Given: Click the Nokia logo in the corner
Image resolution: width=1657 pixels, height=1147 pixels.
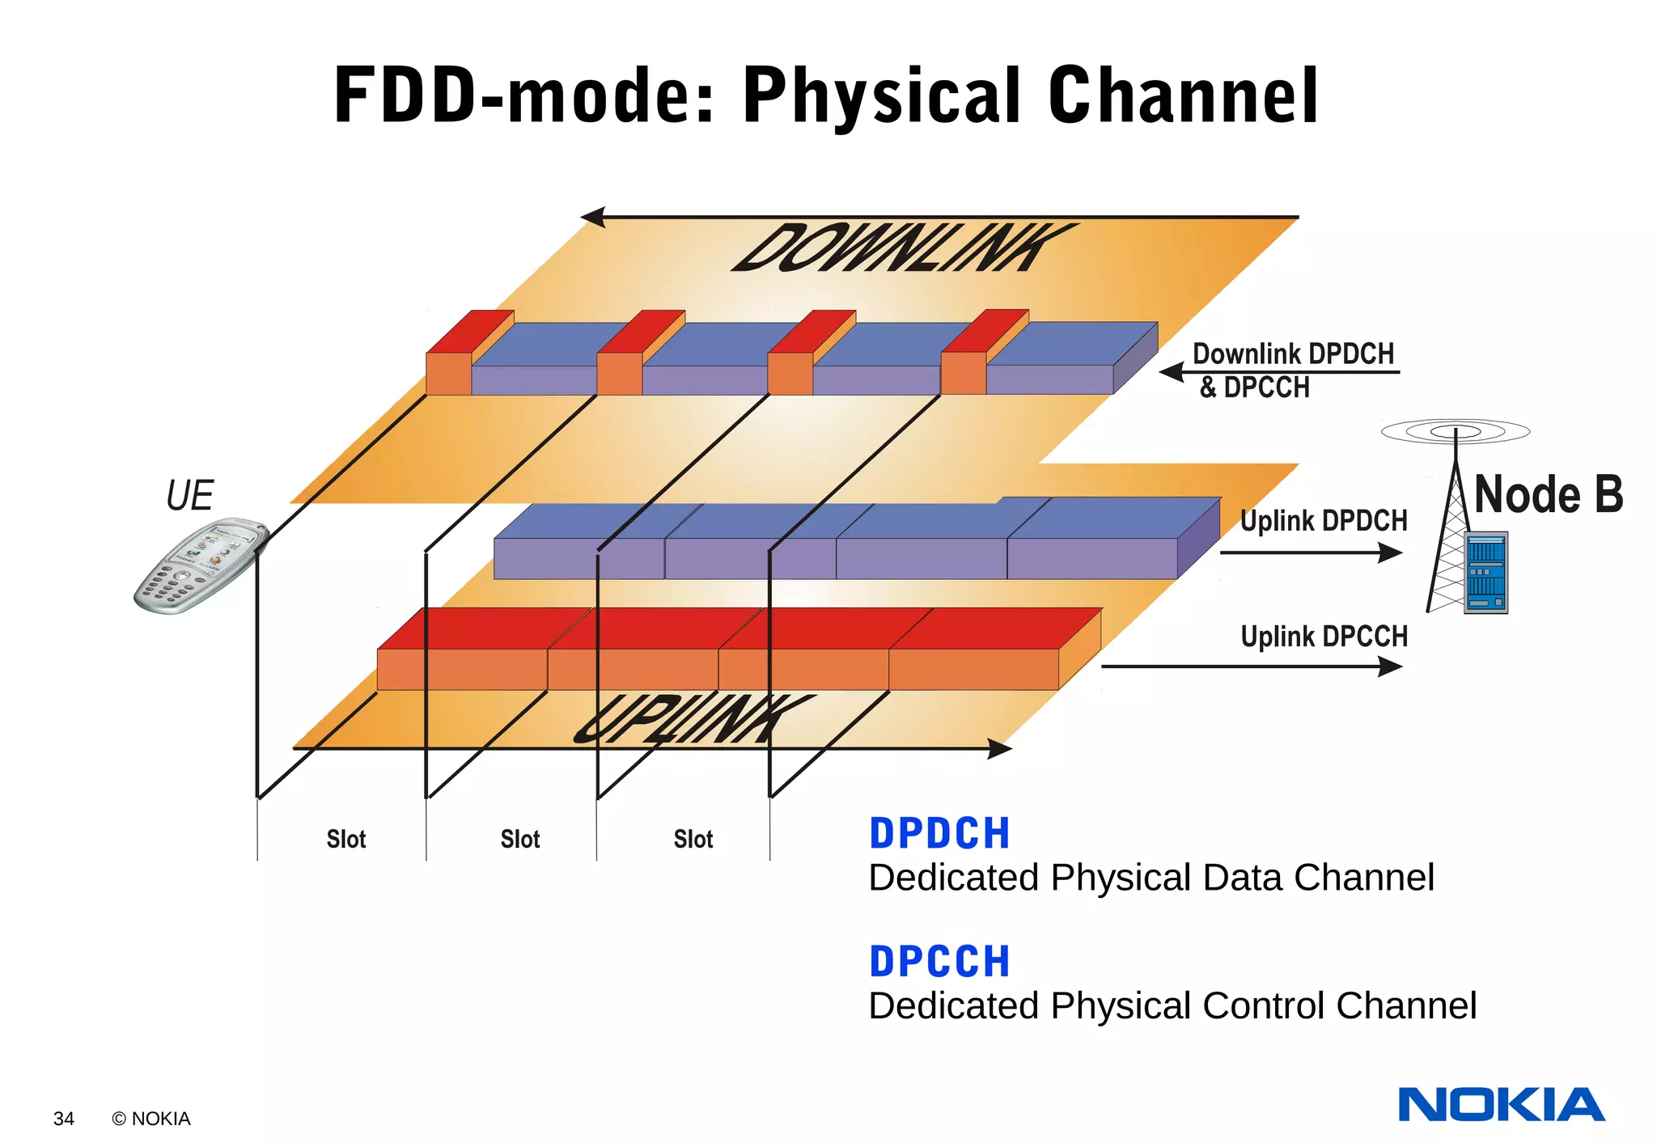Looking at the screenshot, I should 1501,1105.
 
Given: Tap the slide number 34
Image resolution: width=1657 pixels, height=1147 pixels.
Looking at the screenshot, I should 63,1119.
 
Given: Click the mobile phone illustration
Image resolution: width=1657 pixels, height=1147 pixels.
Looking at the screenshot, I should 201,565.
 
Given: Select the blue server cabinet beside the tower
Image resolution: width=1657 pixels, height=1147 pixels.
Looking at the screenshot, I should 1485,573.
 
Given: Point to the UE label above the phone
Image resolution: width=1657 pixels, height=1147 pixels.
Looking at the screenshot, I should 189,496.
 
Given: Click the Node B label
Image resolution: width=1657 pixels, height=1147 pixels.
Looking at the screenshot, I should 1548,494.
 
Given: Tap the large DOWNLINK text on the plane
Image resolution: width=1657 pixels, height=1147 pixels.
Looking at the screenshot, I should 902,248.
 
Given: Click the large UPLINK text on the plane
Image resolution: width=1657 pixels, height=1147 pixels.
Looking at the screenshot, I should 692,719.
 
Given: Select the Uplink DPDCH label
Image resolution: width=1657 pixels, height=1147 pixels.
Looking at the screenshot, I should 1324,521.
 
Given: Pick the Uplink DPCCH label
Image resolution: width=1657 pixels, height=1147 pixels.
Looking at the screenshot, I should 1324,637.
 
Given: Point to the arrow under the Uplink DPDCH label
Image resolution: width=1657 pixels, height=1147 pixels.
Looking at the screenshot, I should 1311,552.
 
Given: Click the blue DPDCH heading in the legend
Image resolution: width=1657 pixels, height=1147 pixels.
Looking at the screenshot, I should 939,833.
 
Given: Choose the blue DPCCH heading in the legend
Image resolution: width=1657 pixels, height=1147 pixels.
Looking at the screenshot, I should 939,962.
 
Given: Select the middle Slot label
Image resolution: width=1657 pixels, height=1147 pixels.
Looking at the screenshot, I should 519,840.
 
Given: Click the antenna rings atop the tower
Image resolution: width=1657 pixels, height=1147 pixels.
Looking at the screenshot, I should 1455,431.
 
